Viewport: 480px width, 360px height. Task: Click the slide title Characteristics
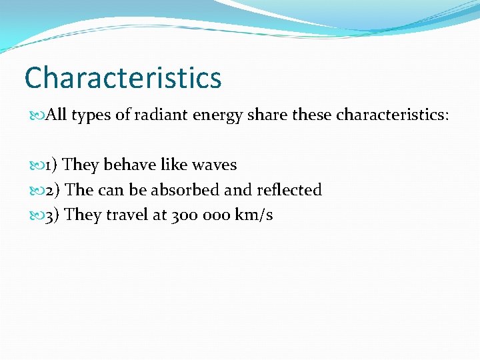pos(123,77)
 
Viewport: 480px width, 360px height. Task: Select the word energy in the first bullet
pos(217,116)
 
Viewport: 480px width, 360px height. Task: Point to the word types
pos(91,116)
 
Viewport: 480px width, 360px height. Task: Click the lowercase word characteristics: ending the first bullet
pos(393,115)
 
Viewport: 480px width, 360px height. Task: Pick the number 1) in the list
pos(51,165)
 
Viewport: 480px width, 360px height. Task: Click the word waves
pos(212,165)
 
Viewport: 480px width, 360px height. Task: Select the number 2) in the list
pos(51,190)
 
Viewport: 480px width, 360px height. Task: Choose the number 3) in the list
pos(51,215)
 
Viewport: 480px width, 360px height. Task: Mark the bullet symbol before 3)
pos(37,215)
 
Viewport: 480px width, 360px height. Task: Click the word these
pos(311,115)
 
